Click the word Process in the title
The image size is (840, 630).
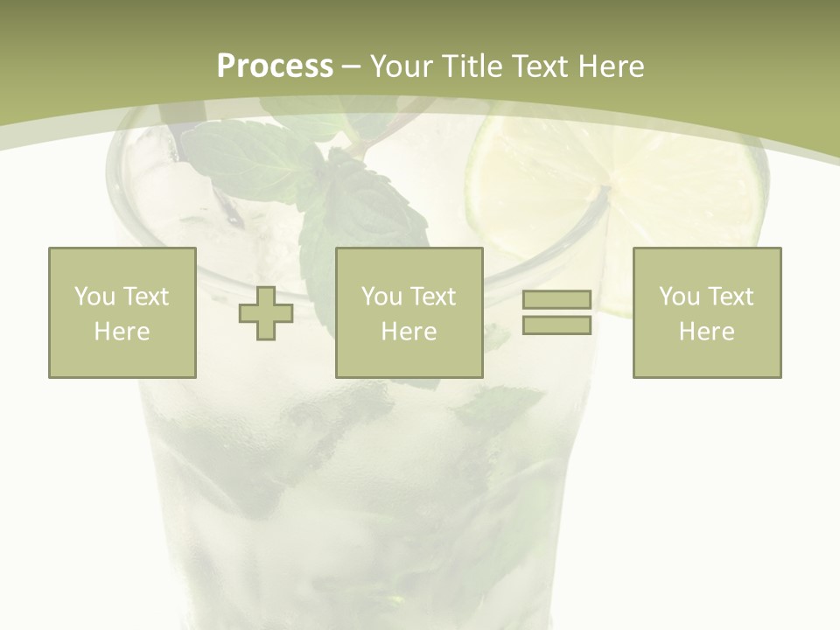pyautogui.click(x=275, y=66)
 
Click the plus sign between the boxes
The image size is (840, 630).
pyautogui.click(x=266, y=313)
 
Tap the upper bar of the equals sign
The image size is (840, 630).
pyautogui.click(x=556, y=299)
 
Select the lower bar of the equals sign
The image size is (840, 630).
pyautogui.click(x=556, y=325)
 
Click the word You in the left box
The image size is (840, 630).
pyautogui.click(x=94, y=297)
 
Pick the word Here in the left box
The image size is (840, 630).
pyautogui.click(x=122, y=332)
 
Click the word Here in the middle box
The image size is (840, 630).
pyautogui.click(x=409, y=332)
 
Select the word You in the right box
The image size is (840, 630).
pyautogui.click(x=679, y=297)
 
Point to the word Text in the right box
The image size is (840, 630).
pyautogui.click(x=731, y=297)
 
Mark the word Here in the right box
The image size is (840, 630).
pyautogui.click(x=706, y=332)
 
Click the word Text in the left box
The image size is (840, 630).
pyautogui.click(x=145, y=297)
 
